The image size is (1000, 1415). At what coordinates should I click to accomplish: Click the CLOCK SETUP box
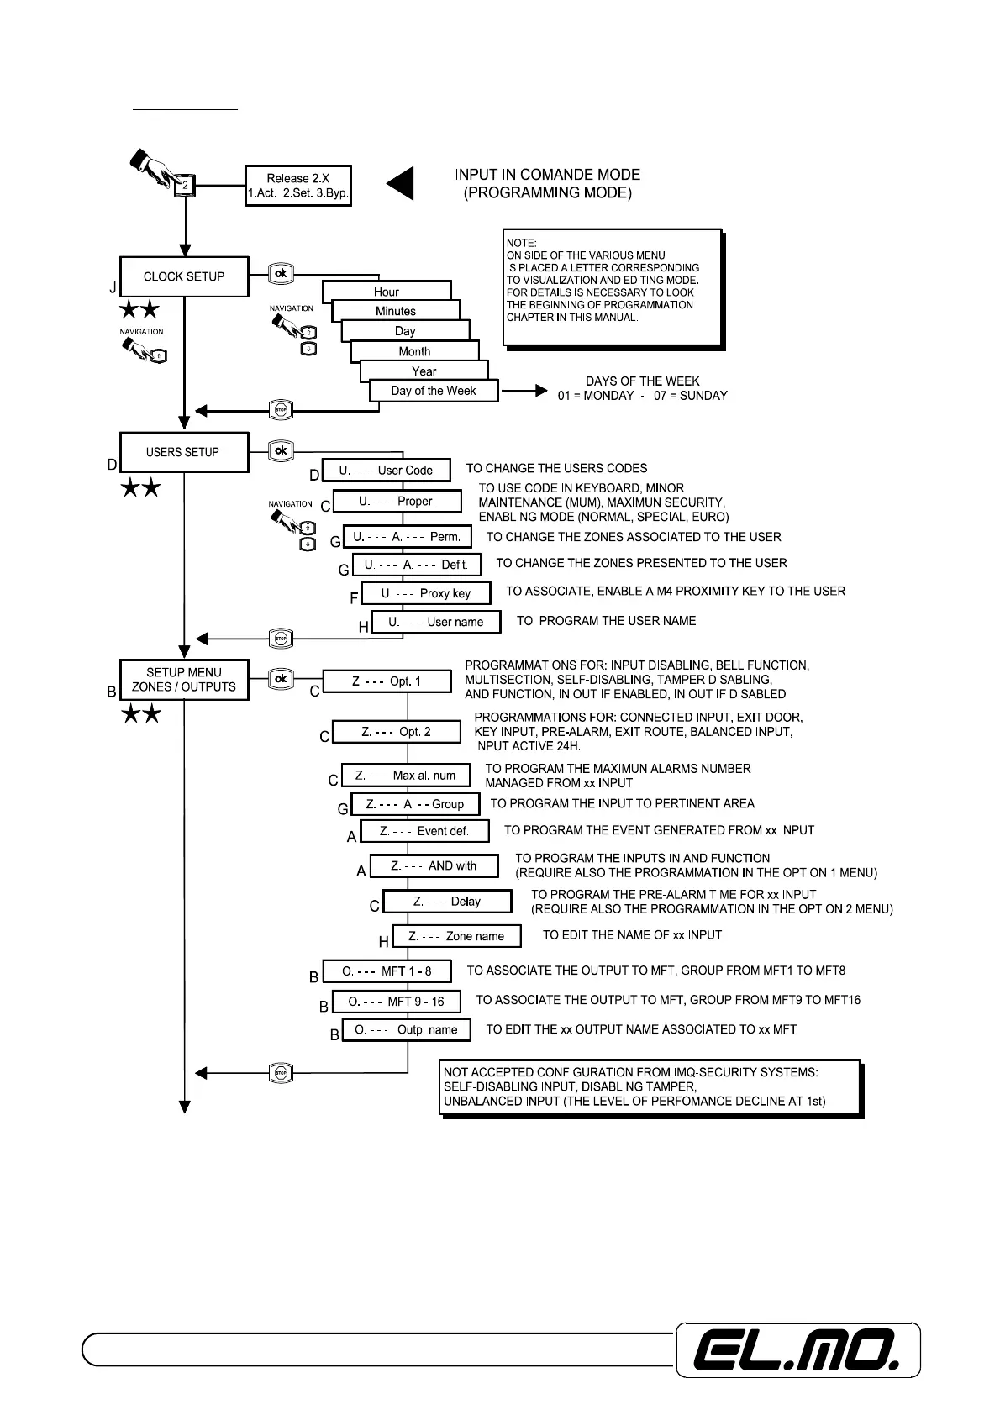tap(184, 276)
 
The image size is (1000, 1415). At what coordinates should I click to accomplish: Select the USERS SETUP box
tap(184, 452)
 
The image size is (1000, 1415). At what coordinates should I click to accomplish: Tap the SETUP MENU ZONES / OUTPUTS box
tap(184, 680)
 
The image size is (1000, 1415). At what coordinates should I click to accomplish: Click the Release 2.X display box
tap(298, 186)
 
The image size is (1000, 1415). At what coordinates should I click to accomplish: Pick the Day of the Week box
tap(434, 391)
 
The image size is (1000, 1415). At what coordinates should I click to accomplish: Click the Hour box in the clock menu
tap(387, 292)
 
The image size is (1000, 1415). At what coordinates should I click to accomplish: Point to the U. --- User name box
tap(436, 622)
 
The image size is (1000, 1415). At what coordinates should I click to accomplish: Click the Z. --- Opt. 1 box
tap(387, 681)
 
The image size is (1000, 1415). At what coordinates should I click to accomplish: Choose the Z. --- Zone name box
tap(456, 936)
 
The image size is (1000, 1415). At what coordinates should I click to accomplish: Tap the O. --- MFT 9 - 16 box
tap(397, 1002)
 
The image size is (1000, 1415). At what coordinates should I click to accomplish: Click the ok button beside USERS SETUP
tap(281, 451)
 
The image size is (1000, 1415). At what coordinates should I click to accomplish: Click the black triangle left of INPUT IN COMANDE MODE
tap(402, 184)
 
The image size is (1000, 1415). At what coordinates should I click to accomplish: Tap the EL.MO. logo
tap(798, 1350)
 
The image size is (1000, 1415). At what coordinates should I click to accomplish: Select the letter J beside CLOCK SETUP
tap(113, 288)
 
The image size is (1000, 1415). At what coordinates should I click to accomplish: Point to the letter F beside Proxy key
tap(354, 598)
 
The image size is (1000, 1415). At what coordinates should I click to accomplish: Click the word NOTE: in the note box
tap(521, 243)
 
